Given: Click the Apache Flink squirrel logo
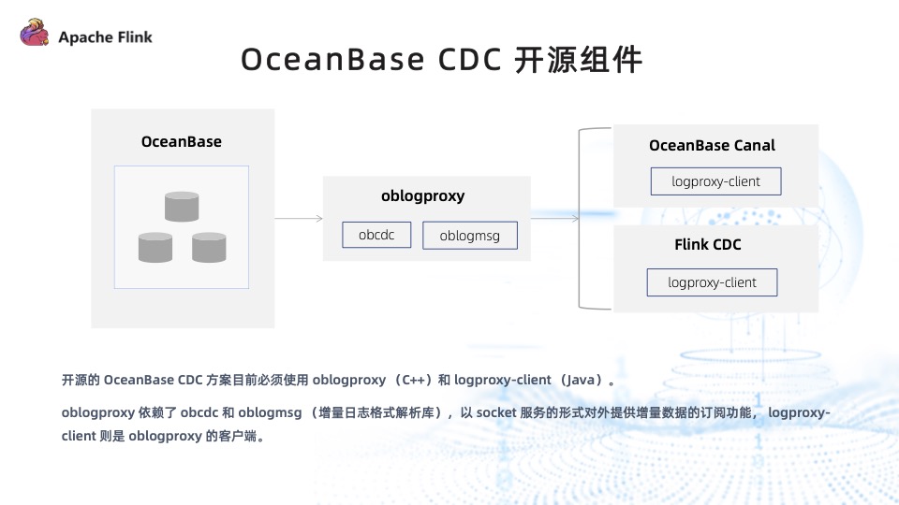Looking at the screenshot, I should pyautogui.click(x=34, y=35).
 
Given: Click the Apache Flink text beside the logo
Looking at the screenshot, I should pyautogui.click(x=105, y=37).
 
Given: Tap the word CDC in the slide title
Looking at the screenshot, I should pyautogui.click(x=470, y=59).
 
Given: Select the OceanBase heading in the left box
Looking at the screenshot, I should pyautogui.click(x=182, y=142).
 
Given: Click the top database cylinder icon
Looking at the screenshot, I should pyautogui.click(x=182, y=206).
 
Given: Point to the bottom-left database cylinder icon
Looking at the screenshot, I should pyautogui.click(x=155, y=247).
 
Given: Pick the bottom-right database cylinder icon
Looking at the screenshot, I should pyautogui.click(x=210, y=247).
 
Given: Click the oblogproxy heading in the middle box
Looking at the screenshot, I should pyautogui.click(x=423, y=196).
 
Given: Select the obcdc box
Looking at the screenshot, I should pyautogui.click(x=376, y=235).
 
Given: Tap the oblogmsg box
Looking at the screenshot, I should pyautogui.click(x=470, y=236).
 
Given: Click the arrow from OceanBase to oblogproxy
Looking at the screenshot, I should pyautogui.click(x=299, y=219).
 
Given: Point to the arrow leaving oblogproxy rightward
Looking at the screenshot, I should pyautogui.click(x=554, y=219).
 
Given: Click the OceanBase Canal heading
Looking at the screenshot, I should pyautogui.click(x=712, y=146).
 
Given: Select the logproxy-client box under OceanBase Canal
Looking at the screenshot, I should pyautogui.click(x=715, y=181).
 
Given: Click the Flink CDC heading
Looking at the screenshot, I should pyautogui.click(x=708, y=245).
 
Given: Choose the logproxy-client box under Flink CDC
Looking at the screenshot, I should pyautogui.click(x=712, y=282).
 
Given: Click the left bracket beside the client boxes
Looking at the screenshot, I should pyautogui.click(x=582, y=219).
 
